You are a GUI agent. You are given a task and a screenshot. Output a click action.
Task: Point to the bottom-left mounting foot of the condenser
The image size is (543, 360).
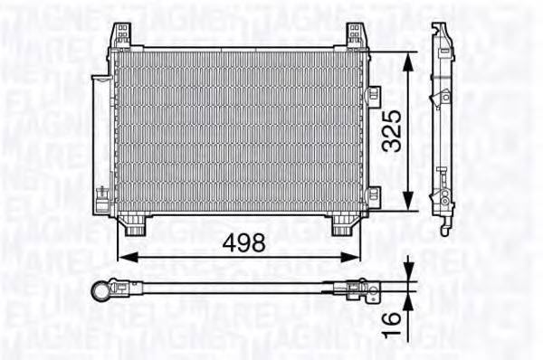(133, 225)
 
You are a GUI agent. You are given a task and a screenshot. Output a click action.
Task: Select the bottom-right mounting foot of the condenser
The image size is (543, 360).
(342, 225)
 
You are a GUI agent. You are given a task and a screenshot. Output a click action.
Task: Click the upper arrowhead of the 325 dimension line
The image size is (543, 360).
(411, 57)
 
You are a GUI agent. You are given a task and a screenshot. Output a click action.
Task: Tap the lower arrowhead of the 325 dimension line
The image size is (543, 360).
(411, 206)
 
